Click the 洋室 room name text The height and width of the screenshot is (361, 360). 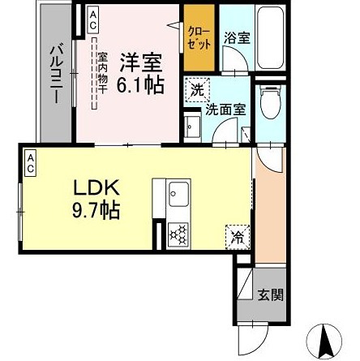click(x=140, y=62)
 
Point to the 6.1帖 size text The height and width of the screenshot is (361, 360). click(x=141, y=84)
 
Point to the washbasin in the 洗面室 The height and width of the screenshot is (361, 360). click(x=193, y=127)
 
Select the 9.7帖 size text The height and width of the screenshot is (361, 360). click(x=96, y=211)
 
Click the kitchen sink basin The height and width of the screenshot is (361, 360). click(x=178, y=194)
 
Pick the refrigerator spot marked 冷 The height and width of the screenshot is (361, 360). click(x=238, y=237)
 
